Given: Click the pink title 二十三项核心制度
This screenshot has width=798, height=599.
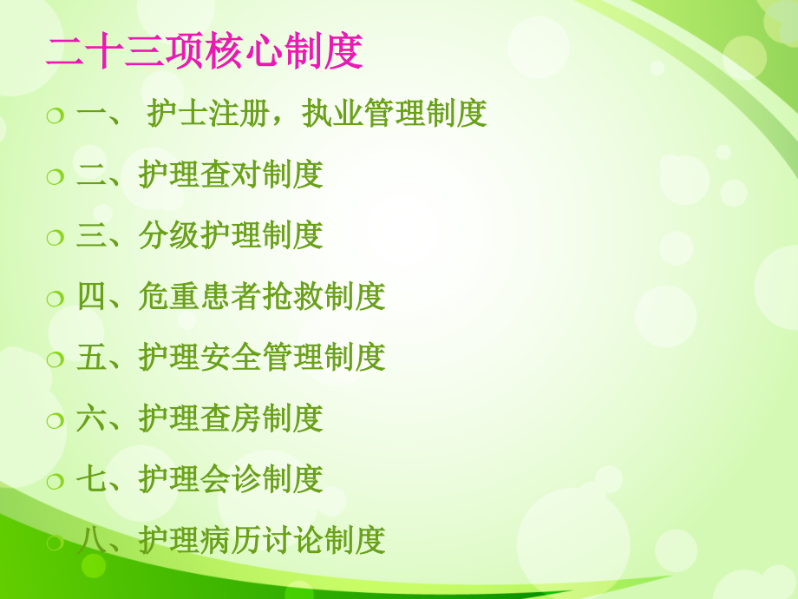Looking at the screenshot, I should click(x=204, y=52).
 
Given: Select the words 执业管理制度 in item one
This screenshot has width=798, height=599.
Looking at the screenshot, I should click(x=395, y=115).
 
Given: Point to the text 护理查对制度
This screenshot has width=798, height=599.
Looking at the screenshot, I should click(x=231, y=175).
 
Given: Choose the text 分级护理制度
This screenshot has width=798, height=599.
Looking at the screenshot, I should click(x=231, y=236).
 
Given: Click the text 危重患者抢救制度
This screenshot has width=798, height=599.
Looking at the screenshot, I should click(x=262, y=297).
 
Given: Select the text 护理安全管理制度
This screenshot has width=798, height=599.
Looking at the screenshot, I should click(x=262, y=358).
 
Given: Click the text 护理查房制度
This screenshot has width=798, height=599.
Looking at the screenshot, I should click(x=231, y=418).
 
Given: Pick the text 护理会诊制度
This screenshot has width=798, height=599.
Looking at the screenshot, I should click(x=231, y=479).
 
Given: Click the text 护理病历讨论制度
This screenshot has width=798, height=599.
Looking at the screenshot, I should click(x=262, y=540).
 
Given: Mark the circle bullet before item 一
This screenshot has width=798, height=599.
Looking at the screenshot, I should click(x=56, y=116).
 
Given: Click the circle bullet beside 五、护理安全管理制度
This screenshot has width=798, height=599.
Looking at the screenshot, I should click(x=56, y=359).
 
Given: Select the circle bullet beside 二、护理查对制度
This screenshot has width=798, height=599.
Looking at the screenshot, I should click(x=56, y=177).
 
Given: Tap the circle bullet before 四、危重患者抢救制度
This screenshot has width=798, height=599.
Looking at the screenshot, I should click(x=56, y=299).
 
